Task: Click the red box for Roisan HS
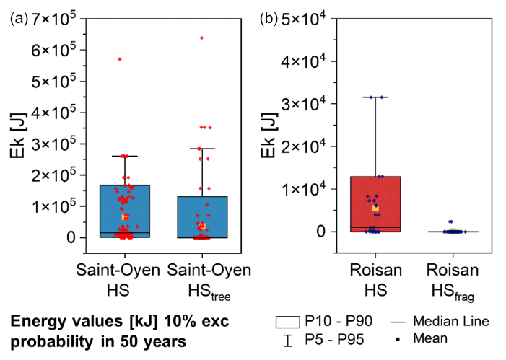(375, 202)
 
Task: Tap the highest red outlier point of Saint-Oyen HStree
(201, 38)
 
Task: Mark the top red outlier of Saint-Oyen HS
(119, 59)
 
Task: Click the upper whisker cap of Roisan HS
(375, 97)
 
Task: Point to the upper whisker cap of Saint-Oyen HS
(125, 156)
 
